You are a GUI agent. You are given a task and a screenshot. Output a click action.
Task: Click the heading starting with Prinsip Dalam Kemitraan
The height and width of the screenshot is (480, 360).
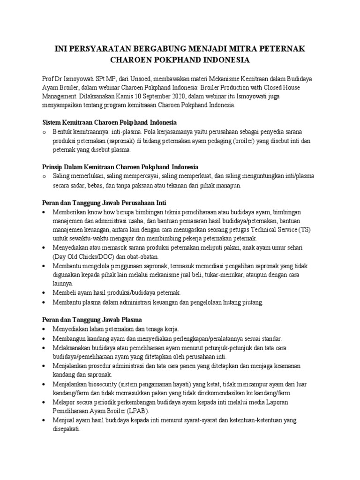pyautogui.click(x=120, y=167)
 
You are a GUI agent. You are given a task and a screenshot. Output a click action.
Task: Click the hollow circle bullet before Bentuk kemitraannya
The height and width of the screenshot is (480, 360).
pyautogui.click(x=44, y=132)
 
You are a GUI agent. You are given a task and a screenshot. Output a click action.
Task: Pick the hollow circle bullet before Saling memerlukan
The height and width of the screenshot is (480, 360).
pyautogui.click(x=44, y=176)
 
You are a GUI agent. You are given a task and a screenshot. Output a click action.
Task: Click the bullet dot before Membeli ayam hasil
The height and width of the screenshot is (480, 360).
pyautogui.click(x=44, y=292)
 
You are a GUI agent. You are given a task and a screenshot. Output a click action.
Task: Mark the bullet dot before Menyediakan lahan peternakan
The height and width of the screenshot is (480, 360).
pyautogui.click(x=44, y=329)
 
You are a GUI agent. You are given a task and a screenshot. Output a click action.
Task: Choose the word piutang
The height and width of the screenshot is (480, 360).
pyautogui.click(x=252, y=302)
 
